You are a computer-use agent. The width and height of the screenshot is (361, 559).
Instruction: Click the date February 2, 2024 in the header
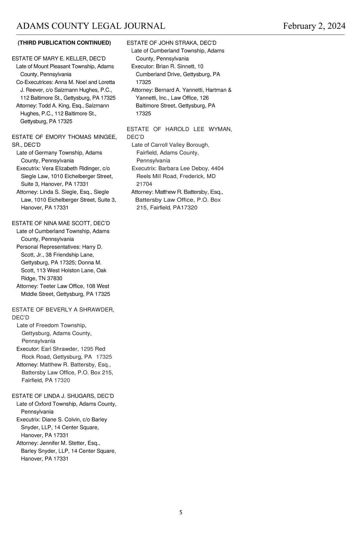coord(314,26)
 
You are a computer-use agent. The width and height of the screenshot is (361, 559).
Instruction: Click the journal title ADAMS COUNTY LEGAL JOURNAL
coord(91,26)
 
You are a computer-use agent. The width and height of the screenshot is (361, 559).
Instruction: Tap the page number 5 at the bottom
coord(180,512)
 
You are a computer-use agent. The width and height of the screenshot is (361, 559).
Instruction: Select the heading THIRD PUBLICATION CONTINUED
coord(64,43)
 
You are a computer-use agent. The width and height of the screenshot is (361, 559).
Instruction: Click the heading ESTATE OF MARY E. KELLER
coord(59,58)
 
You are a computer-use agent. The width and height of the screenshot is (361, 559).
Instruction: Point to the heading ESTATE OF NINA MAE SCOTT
coord(61,223)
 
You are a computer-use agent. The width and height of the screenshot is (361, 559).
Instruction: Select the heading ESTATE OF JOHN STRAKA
coord(171,43)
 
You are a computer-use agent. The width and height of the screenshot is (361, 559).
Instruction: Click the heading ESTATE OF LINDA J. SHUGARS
coord(63,396)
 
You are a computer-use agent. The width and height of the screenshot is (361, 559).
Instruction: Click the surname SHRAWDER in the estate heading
coord(97,310)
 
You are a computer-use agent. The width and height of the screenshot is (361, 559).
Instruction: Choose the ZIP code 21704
coord(144,184)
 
